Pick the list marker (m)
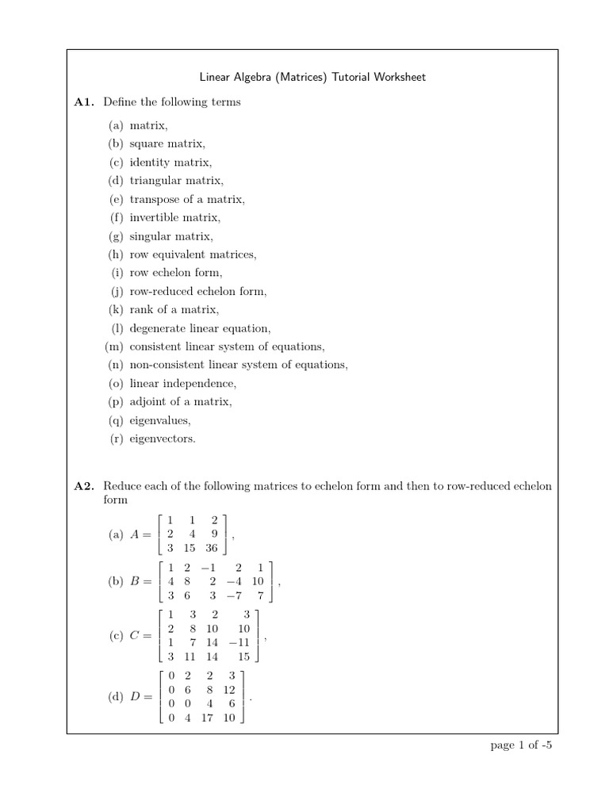(114, 347)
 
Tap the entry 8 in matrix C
(192, 628)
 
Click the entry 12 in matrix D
(230, 690)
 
